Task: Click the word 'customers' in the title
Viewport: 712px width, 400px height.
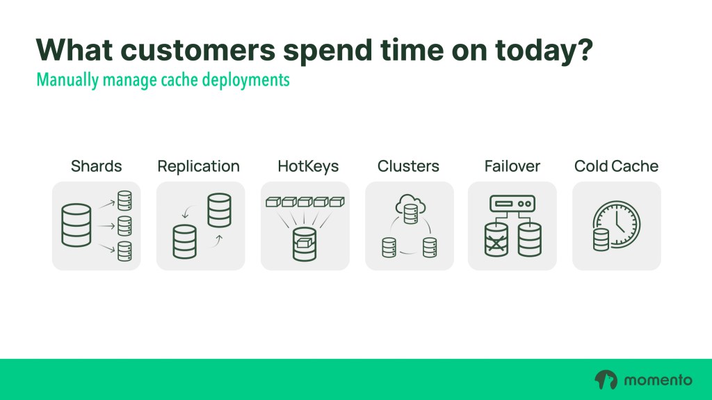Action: (198, 50)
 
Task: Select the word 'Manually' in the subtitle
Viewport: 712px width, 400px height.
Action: (67, 81)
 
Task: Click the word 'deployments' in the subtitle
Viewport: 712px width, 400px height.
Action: (245, 81)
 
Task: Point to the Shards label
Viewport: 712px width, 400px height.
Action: (96, 166)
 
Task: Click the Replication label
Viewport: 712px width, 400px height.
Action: (198, 167)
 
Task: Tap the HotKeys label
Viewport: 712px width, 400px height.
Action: (308, 167)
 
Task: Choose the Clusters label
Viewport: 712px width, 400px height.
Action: (408, 166)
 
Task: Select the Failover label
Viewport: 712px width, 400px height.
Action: (512, 166)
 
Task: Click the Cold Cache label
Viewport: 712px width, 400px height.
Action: (616, 166)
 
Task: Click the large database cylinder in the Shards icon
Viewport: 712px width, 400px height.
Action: (76, 225)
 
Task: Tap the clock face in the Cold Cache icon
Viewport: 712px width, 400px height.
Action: (618, 223)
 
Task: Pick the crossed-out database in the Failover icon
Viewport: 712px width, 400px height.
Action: (496, 240)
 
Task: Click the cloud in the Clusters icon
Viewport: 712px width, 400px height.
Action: (410, 205)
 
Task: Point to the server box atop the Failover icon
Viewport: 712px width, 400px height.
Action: (512, 204)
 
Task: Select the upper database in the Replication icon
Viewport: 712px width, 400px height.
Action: (219, 211)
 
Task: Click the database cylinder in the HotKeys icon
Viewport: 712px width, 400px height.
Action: (305, 244)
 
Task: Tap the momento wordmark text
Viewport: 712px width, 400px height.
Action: (658, 380)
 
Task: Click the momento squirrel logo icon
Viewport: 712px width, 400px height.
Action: (606, 380)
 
